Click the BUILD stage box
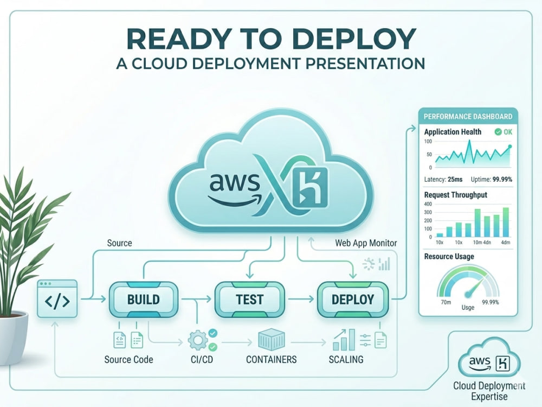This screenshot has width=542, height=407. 144,300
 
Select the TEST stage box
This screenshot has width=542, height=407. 249,300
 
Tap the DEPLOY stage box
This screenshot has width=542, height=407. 353,300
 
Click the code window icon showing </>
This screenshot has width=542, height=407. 57,298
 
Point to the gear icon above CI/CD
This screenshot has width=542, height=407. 198,340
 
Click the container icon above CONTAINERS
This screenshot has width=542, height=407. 272,340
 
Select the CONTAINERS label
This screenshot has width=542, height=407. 272,360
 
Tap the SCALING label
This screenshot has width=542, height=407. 346,360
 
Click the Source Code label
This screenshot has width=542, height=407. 128,360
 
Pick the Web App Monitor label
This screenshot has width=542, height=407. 366,243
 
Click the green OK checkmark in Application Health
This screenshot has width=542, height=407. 498,132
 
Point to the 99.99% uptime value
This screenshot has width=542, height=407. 502,179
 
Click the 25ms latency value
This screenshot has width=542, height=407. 455,179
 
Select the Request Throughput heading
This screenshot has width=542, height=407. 456,195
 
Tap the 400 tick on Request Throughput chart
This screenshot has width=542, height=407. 428,204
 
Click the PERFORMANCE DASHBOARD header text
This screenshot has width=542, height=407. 468,116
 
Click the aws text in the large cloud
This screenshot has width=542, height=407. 234,182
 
